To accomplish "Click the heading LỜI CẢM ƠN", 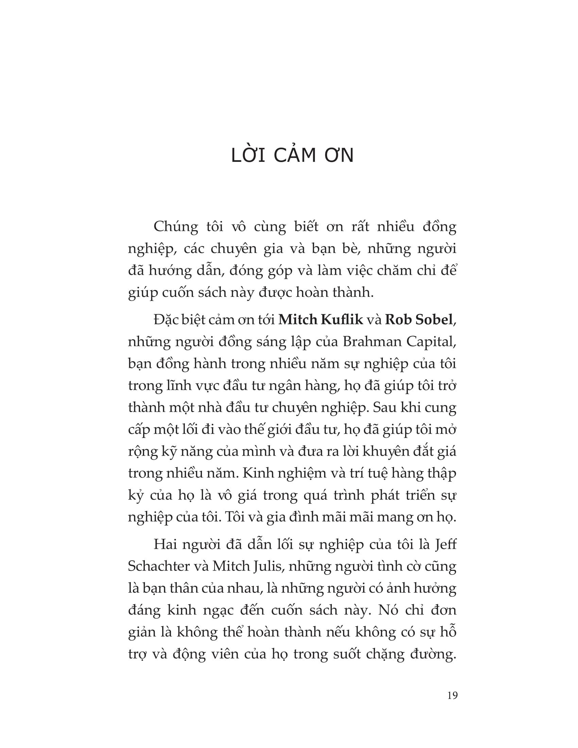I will pos(292,156).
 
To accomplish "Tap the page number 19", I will pos(452,696).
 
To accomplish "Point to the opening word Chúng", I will pos(176,227).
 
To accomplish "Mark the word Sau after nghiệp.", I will pos(383,408).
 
